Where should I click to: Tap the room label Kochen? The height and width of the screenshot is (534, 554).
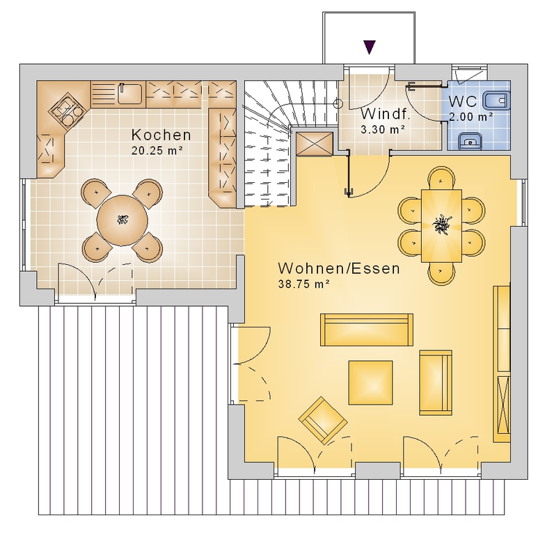pos(161,135)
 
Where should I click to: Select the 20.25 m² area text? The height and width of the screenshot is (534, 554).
pos(157,151)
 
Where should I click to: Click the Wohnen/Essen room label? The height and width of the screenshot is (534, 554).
pos(339,268)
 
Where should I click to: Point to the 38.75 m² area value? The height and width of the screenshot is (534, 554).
pos(304,284)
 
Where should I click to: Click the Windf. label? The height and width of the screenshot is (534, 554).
pos(385,114)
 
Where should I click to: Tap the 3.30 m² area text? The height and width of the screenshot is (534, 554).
pos(382,129)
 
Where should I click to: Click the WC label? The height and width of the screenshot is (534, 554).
pos(463,102)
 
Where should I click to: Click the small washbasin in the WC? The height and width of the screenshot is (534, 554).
pos(470,141)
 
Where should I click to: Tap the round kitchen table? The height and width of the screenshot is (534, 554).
pos(122,221)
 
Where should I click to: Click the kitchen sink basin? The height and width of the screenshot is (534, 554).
pos(129,94)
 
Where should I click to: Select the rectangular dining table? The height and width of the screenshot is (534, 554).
pos(441,226)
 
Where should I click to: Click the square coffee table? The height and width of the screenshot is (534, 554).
pos(371,382)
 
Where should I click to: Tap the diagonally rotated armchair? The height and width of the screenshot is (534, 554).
pos(322,420)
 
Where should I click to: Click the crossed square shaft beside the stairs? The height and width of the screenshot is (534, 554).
pos(315,144)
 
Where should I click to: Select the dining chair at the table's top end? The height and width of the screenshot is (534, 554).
pos(441,179)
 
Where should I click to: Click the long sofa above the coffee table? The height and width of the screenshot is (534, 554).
pos(367,330)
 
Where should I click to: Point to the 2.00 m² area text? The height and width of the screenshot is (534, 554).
pos(470,117)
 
